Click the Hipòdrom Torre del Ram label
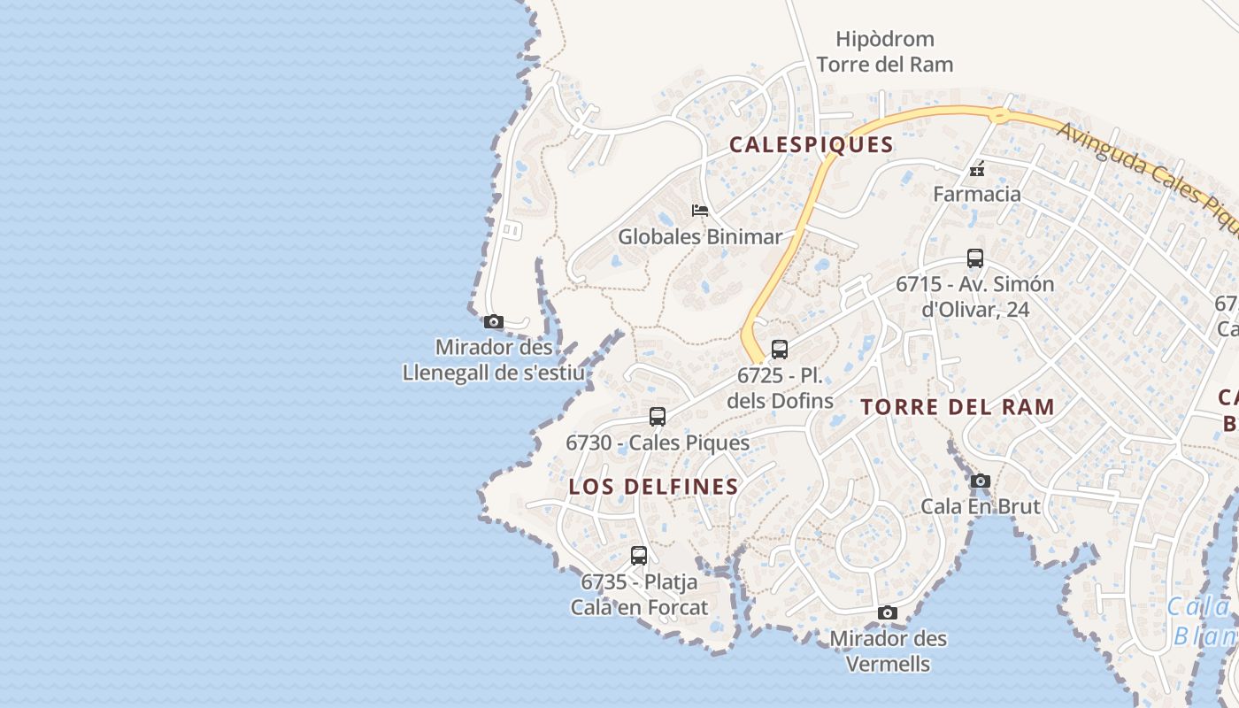(884, 51)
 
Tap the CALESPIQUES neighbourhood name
(811, 145)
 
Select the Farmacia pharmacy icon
(977, 168)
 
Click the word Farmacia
(977, 194)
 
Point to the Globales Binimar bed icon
(700, 211)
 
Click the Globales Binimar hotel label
(700, 236)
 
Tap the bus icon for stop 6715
(974, 258)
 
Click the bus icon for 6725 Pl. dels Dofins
(779, 349)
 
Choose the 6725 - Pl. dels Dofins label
(780, 388)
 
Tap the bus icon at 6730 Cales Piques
(657, 417)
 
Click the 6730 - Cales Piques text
(657, 442)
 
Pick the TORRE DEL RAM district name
(958, 407)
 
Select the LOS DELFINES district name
(653, 487)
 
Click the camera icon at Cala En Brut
(980, 481)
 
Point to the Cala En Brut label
(980, 506)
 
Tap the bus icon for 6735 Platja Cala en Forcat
(638, 556)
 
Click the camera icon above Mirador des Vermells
(887, 613)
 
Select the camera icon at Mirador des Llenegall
(494, 322)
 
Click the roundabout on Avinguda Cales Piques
(999, 114)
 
